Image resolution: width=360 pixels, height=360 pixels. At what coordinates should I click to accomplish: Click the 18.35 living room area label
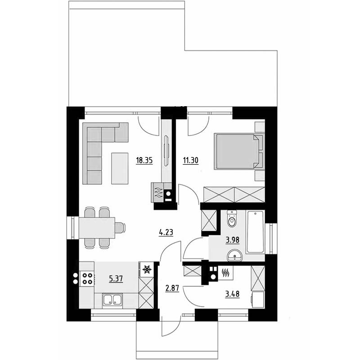(144, 161)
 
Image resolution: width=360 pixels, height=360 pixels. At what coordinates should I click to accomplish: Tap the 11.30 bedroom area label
(190, 161)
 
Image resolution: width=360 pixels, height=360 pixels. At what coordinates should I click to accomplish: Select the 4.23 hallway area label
(166, 233)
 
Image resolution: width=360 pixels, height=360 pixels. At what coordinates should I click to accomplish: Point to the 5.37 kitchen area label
(116, 279)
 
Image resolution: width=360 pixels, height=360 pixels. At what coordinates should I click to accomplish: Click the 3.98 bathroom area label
(233, 240)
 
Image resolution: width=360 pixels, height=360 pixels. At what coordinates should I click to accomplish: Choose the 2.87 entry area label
(172, 288)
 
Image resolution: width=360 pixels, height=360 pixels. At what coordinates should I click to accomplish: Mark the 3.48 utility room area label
(232, 294)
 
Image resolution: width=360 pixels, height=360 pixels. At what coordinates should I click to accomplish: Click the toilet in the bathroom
(232, 219)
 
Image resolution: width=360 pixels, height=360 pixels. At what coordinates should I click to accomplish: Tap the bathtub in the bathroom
(255, 232)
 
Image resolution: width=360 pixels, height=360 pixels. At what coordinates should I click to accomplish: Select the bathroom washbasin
(234, 256)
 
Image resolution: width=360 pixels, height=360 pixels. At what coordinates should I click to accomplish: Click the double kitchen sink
(112, 300)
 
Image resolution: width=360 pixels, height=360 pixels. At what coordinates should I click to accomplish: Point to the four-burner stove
(87, 278)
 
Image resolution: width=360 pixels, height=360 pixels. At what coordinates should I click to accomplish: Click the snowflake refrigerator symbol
(147, 269)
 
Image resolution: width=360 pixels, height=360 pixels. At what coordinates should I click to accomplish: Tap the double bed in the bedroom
(238, 152)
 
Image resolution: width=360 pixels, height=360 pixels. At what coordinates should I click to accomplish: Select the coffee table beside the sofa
(120, 168)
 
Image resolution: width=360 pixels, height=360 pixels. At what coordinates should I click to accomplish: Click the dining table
(97, 228)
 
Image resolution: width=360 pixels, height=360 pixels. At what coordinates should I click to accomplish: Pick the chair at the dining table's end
(120, 228)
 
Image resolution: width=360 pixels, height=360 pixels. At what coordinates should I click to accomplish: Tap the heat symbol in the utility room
(225, 273)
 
